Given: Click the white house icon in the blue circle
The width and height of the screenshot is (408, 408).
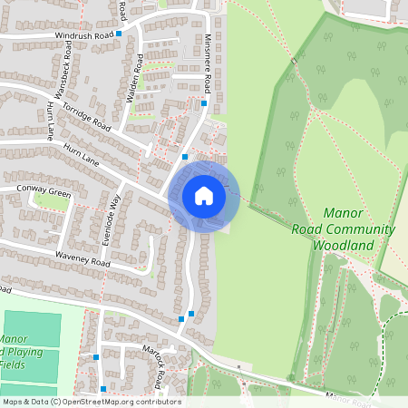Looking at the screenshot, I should (204, 196).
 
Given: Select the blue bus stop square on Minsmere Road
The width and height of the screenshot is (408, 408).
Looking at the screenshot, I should (204, 103).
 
